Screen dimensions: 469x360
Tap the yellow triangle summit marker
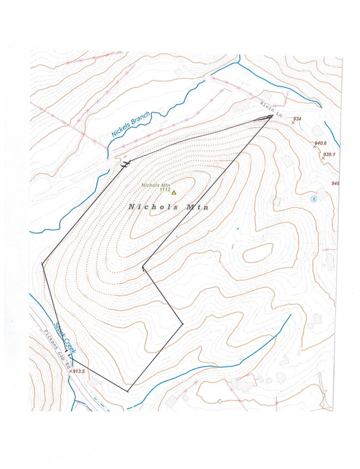pyautogui.click(x=174, y=192)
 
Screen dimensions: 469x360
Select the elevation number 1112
pyautogui.click(x=164, y=190)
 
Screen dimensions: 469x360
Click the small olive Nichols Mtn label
pyautogui.click(x=156, y=185)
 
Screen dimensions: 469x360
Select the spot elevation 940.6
pyautogui.click(x=321, y=143)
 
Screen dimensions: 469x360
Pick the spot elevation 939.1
pyautogui.click(x=331, y=155)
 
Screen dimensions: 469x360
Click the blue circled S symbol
pyautogui.click(x=313, y=198)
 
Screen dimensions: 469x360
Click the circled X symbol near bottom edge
pyautogui.click(x=220, y=401)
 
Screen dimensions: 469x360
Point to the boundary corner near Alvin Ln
pyautogui.click(x=271, y=116)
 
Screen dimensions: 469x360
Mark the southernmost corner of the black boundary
pyautogui.click(x=128, y=392)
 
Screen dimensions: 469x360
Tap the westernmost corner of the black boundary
pyautogui.click(x=42, y=264)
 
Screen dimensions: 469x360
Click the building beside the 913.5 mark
pyautogui.click(x=93, y=382)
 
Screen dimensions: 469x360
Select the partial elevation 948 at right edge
pyautogui.click(x=336, y=183)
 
